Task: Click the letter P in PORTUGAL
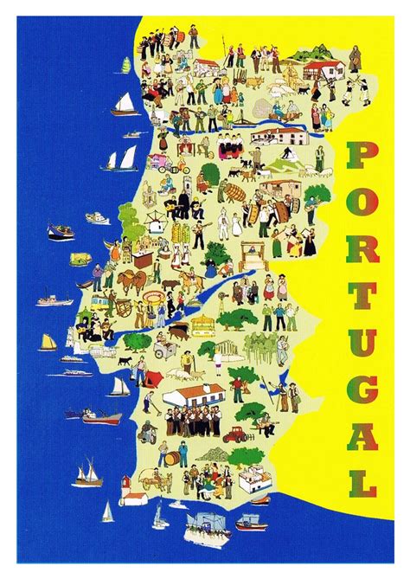pyautogui.click(x=362, y=157)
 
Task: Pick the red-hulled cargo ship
pyautogui.click(x=101, y=416)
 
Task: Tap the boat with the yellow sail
pyautogui.click(x=48, y=342)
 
